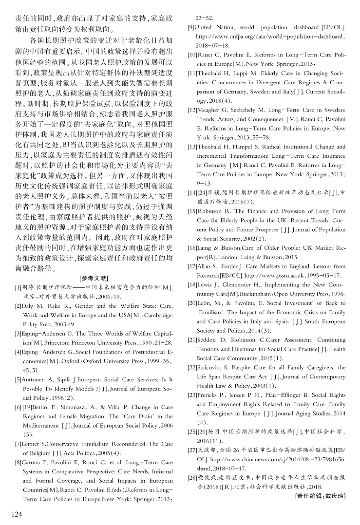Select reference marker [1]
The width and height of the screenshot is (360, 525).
pos(19,288)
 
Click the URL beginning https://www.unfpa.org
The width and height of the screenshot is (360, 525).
pos(270,37)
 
